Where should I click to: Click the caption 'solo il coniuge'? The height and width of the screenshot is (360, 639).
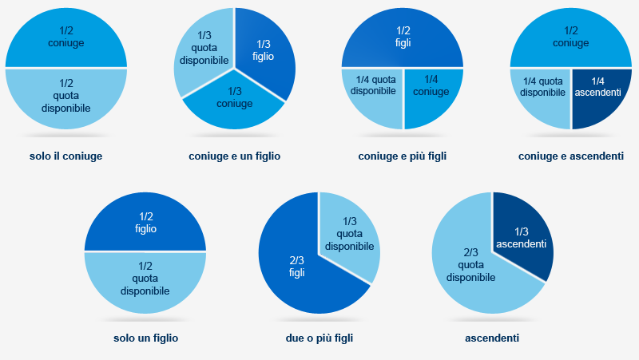[x=66, y=156]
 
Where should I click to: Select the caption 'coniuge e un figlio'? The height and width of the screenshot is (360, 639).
[x=235, y=156]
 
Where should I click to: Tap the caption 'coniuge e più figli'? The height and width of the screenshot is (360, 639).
[x=402, y=156]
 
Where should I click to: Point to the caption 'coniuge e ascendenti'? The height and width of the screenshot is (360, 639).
[x=570, y=156]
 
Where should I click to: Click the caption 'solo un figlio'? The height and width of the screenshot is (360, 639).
[x=145, y=338]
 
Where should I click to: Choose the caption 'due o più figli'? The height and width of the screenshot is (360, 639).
[x=319, y=338]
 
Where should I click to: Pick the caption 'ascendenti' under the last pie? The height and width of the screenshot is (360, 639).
[x=492, y=338]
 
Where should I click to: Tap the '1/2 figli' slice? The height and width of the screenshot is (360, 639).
[x=403, y=37]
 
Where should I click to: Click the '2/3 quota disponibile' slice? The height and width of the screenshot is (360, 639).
[x=471, y=267]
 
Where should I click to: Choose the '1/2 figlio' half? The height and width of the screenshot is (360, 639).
[x=145, y=221]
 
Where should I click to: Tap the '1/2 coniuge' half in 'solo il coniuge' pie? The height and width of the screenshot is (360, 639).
[x=66, y=37]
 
